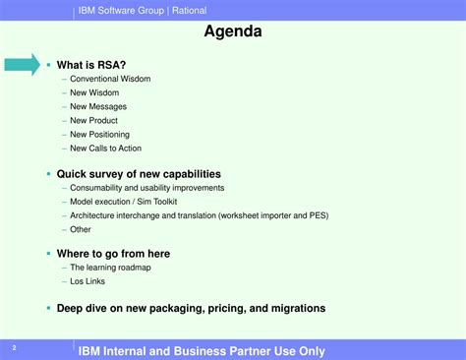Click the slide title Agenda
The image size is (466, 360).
point(233,31)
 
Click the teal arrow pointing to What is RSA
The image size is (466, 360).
point(22,66)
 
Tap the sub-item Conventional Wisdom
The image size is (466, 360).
point(110,80)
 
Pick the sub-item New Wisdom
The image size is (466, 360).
point(94,93)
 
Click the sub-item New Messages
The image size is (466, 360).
point(98,107)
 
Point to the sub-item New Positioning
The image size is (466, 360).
point(99,135)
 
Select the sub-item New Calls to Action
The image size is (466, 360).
point(106,149)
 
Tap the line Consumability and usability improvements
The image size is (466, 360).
point(147,188)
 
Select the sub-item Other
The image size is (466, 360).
point(81,229)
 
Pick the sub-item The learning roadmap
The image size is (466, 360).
point(110,268)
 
